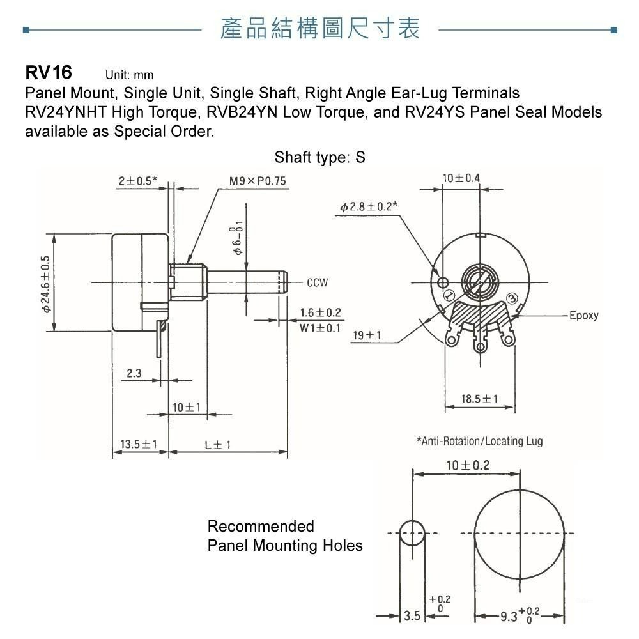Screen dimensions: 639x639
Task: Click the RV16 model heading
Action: coord(49,72)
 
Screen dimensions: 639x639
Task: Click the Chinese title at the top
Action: coord(320,29)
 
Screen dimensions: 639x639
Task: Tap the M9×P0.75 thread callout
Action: coord(258,181)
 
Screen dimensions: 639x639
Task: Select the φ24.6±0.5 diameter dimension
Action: coord(45,283)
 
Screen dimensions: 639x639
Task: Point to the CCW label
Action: coord(317,282)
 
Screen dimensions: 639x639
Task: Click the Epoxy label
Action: coord(583,316)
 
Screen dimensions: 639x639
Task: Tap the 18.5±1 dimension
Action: coord(479,399)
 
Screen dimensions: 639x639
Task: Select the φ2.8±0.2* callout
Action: coord(369,206)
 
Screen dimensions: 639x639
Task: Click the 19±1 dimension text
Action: coord(367,335)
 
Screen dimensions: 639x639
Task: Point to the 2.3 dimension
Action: coord(134,374)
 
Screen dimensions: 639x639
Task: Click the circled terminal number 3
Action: coord(512,298)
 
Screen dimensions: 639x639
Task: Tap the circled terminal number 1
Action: coord(449,295)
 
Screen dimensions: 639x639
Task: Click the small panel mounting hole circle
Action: coord(412,533)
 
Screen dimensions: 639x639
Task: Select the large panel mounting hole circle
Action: coord(519,534)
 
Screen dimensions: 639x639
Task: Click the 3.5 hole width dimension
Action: coord(413,615)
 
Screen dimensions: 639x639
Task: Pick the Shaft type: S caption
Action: coord(319,157)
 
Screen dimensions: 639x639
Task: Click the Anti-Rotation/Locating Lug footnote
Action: coord(479,441)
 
